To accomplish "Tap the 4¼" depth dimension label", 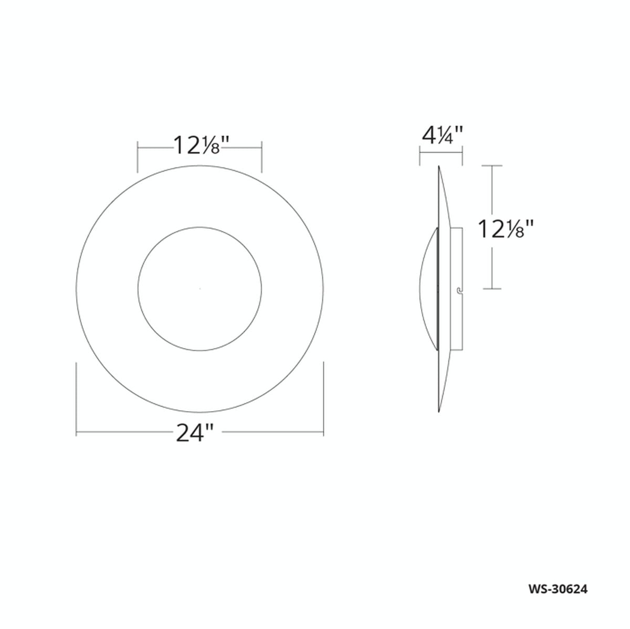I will point(442,137).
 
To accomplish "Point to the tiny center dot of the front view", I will point(199,288).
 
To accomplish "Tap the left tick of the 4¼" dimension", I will point(419,156).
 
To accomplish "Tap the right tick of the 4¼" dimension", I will point(463,156).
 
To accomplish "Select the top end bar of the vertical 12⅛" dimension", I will point(492,166).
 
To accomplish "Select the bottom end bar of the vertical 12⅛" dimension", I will point(492,288).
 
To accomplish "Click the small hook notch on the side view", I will point(459,289).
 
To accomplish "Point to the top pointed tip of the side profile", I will point(438,167).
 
